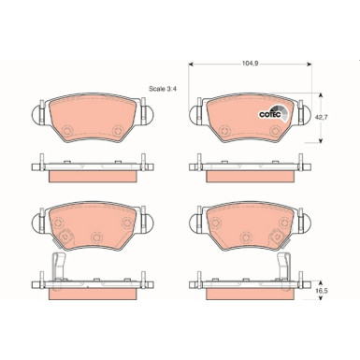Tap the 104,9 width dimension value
pos(249,65)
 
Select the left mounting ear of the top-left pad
pos(36,116)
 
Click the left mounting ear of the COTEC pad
pos(194,116)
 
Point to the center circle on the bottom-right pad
pos(249,240)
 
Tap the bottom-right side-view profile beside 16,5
pos(249,282)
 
